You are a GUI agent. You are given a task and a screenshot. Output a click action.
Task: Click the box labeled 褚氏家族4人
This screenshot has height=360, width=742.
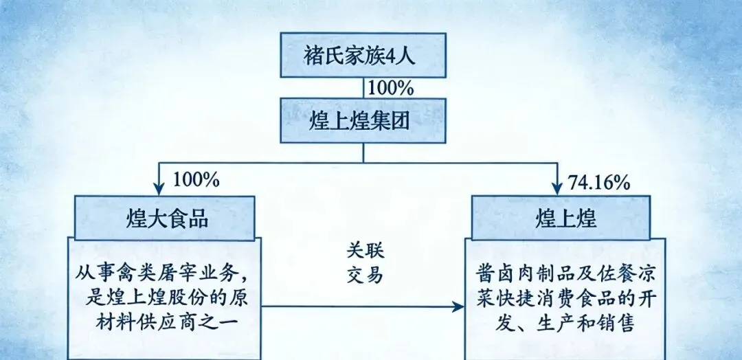point(363,55)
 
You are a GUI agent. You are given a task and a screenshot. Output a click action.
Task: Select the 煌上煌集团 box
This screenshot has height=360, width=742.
point(363,122)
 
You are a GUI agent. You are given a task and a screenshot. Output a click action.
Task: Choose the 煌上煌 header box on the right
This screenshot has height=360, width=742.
point(559,218)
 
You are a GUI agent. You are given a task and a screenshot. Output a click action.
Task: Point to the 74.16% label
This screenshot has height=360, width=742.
point(599,182)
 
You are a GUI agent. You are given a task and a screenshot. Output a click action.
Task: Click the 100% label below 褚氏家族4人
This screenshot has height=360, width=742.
point(390,88)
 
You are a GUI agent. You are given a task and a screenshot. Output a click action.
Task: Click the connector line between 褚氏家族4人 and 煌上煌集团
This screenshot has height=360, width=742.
point(363,88)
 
